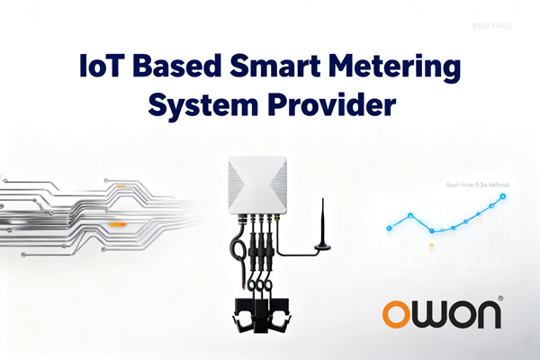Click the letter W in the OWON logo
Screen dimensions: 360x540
pos(432,313)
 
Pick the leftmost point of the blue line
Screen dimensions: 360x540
pos(391,227)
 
